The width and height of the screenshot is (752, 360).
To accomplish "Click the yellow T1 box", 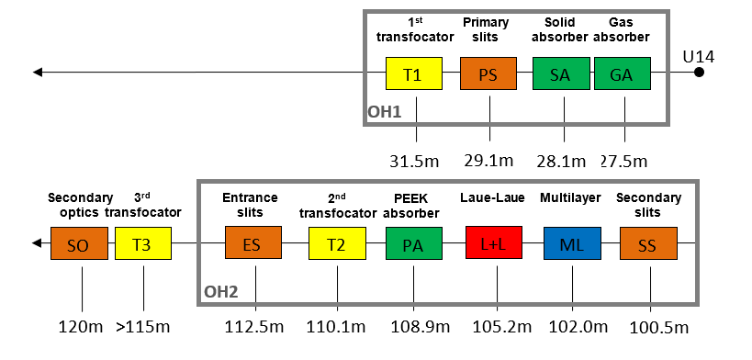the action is (x=414, y=73).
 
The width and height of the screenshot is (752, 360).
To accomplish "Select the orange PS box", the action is (x=488, y=73).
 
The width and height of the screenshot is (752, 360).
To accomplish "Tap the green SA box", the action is (x=561, y=73).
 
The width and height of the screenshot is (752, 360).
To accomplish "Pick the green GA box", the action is (x=623, y=73).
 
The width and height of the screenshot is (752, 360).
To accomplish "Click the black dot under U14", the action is (x=699, y=73).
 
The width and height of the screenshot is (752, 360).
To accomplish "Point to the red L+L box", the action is (x=494, y=242).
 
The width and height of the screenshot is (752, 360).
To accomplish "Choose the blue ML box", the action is (x=572, y=242).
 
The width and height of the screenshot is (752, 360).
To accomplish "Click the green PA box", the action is (x=414, y=243).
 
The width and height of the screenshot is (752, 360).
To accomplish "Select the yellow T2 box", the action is (x=337, y=243).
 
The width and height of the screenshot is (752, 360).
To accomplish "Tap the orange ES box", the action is (x=253, y=242).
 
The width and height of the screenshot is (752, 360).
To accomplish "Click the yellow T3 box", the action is (x=143, y=243).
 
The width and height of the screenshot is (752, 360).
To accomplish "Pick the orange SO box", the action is (x=79, y=243).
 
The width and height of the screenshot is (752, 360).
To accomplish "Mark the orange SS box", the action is (x=648, y=243).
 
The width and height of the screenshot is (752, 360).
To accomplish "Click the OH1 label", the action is (x=384, y=112).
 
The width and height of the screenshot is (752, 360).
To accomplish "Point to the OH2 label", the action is (x=221, y=292).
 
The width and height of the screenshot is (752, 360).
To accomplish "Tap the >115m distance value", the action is (x=143, y=327).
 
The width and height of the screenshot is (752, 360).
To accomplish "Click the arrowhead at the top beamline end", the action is (x=38, y=73).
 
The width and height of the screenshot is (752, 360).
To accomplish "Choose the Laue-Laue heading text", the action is (x=492, y=197).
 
